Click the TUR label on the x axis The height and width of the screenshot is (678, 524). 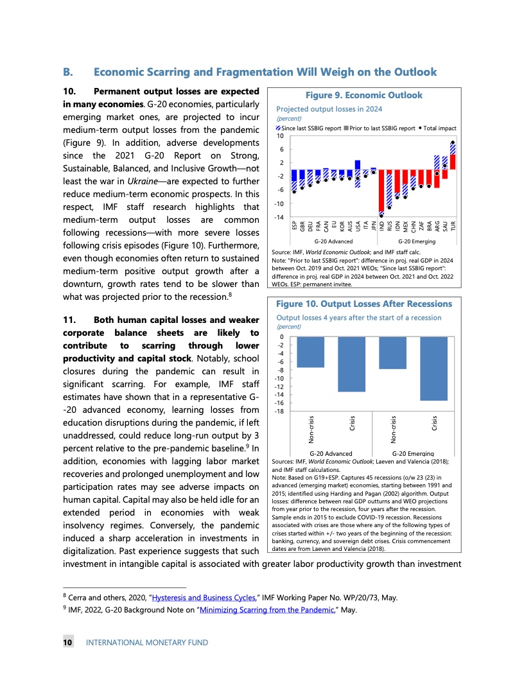click(453, 226)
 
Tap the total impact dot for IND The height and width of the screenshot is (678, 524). click(381, 216)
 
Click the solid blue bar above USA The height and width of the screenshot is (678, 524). click(358, 164)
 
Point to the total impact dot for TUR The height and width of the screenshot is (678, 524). click(453, 143)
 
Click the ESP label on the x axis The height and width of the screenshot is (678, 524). click(294, 226)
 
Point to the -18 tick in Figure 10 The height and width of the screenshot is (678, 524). click(280, 411)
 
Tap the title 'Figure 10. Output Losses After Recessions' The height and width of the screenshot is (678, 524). click(363, 304)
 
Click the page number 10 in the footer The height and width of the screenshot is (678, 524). click(67, 642)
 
